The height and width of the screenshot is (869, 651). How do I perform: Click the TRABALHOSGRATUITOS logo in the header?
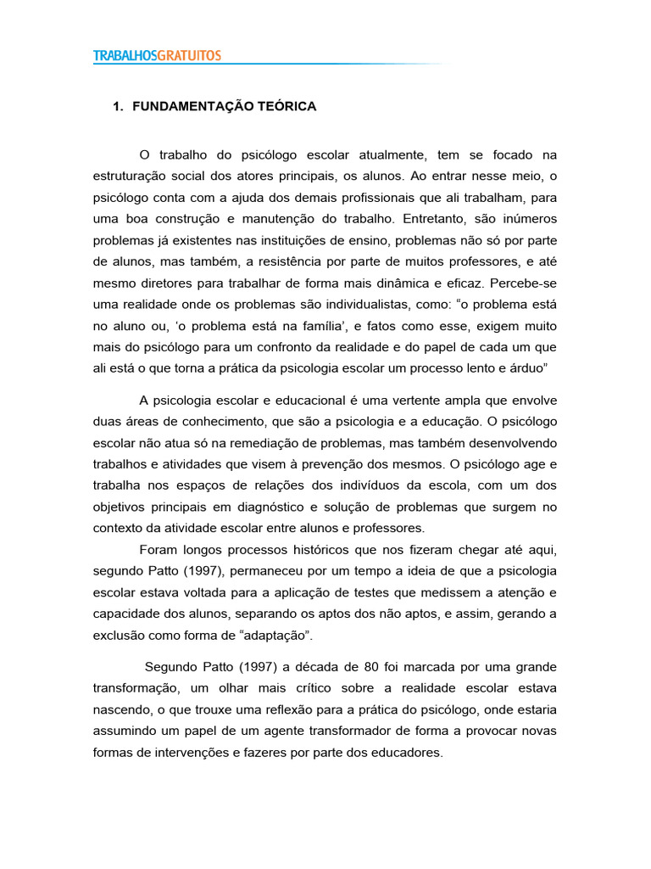[x=157, y=55]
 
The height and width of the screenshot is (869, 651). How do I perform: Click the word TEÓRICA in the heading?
[x=288, y=107]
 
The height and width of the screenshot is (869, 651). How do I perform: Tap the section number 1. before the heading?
[x=119, y=107]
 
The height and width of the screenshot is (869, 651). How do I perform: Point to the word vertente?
[x=421, y=401]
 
